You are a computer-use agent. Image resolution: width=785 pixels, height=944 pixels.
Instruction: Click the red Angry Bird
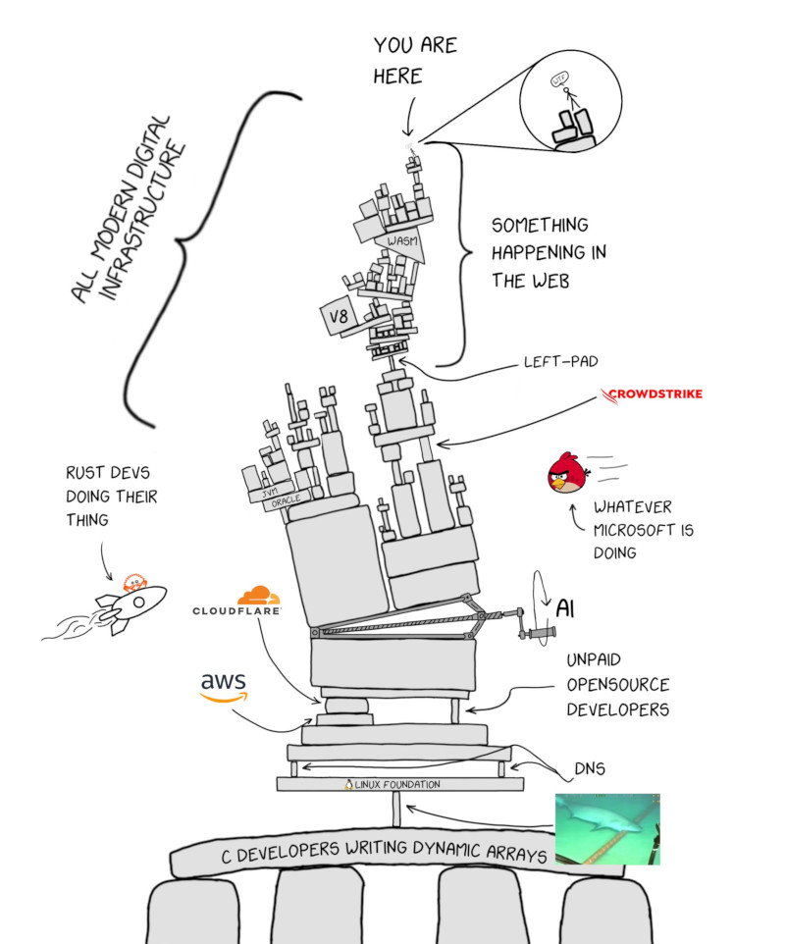568,476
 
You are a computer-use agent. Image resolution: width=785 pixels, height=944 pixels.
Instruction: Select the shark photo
607,828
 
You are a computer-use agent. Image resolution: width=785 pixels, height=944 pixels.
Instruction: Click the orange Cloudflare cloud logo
258,595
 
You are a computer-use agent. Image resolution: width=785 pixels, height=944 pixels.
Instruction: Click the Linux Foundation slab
399,784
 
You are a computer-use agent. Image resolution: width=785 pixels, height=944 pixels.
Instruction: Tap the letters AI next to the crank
565,608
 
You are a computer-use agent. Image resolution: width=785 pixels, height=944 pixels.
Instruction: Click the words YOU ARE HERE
415,60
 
